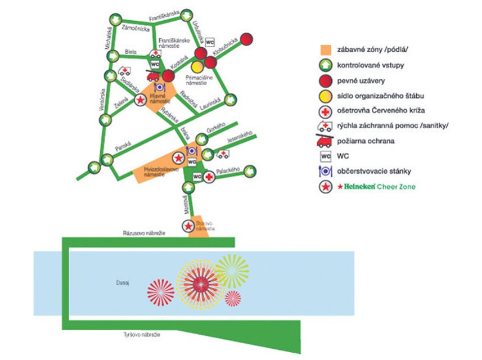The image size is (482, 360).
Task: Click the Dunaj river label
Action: (124, 283)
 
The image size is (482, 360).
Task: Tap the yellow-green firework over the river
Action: (231, 271)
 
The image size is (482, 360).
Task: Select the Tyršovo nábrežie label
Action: (142, 335)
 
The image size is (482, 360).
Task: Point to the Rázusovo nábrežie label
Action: (145, 233)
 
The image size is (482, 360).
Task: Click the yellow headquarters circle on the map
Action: (197, 67)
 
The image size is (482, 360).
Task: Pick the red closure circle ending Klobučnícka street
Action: (246, 39)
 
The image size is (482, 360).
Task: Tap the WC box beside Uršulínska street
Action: (210, 43)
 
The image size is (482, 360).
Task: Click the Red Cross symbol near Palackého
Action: (209, 177)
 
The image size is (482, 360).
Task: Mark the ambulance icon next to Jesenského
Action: (223, 154)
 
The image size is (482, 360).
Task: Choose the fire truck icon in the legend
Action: (326, 141)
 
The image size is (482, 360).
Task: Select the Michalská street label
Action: (110, 42)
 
